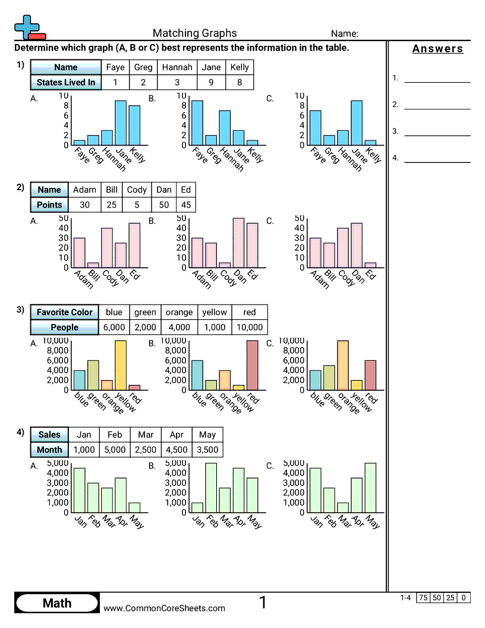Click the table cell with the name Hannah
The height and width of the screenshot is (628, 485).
[x=177, y=67]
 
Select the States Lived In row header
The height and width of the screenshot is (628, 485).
[x=65, y=83]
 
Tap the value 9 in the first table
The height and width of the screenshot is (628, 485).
[x=211, y=83]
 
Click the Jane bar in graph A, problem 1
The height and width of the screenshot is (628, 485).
[x=121, y=123]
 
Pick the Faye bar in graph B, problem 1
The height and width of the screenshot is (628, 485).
[x=197, y=123]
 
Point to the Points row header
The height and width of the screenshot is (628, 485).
[x=49, y=205]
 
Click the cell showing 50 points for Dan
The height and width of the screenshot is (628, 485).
[x=163, y=205]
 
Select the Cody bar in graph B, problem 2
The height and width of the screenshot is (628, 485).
[x=225, y=265]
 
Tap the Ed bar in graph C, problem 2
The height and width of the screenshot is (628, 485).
[x=370, y=265]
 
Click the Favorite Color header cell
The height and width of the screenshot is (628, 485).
[x=64, y=312]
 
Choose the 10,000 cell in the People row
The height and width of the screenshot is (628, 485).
[x=249, y=327]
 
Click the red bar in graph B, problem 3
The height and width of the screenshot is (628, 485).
[x=253, y=365]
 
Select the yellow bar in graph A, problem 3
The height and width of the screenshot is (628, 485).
[x=121, y=365]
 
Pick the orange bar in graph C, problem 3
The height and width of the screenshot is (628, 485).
[x=342, y=365]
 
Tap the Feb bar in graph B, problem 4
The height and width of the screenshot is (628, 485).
[x=211, y=488]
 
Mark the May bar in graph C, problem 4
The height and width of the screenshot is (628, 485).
[x=370, y=488]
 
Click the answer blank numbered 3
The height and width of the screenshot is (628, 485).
[x=437, y=132]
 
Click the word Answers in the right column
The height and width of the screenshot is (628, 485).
[x=437, y=49]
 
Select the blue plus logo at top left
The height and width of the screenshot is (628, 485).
[x=26, y=27]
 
